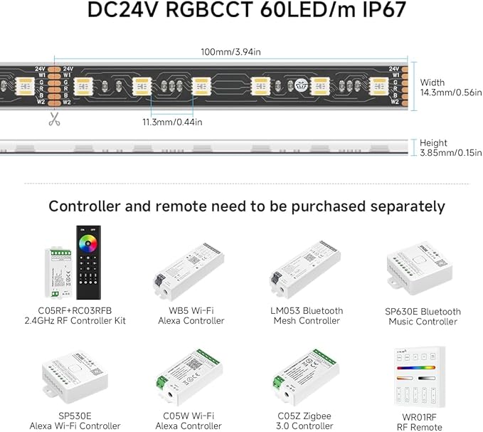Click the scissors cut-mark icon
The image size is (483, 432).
tap(54, 120)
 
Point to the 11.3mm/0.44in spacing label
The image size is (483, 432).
tap(173, 122)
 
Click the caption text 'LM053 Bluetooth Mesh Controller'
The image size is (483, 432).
tap(308, 315)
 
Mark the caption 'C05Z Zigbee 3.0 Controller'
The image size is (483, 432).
tap(308, 421)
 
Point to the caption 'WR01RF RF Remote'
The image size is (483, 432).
tap(423, 422)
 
